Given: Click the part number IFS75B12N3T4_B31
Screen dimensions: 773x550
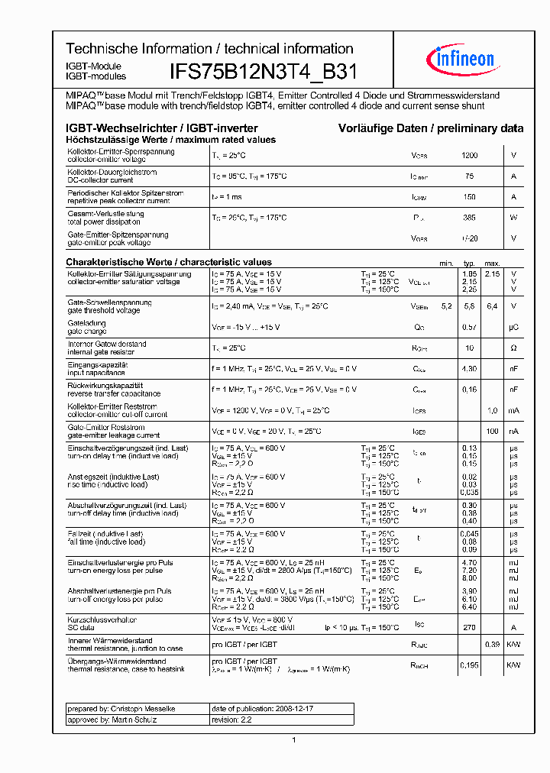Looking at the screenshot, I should pos(262,73).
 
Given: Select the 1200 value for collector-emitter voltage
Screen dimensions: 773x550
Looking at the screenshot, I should pos(469,156).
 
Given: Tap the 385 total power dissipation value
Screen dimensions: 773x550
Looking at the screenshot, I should pos(469,218).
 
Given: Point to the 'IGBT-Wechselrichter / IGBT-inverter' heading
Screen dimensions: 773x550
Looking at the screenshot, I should pos(162,128).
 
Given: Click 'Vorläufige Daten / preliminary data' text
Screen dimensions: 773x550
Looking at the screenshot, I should pos(431,128).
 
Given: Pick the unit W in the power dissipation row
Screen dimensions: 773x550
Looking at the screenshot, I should pos(513,218).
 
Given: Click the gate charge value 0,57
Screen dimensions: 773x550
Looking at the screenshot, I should pos(469,327).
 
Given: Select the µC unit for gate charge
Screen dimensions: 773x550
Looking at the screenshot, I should pos(513,327).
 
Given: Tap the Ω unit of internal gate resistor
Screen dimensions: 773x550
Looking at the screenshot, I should pos(513,348).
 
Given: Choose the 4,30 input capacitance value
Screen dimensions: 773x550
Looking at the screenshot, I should pos(469,369).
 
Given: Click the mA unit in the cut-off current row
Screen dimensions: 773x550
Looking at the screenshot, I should pos(513,410).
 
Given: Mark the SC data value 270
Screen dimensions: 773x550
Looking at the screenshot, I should pos(469,626).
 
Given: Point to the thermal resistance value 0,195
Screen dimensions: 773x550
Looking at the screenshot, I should pos(469,665).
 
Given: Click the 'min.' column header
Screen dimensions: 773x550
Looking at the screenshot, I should pos(446,263).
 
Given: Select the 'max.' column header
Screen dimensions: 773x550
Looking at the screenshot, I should pos(492,263).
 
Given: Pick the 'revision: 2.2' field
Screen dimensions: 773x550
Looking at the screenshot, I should pos(231,720).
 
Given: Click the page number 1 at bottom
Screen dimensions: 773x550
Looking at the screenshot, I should pos(294,740).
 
